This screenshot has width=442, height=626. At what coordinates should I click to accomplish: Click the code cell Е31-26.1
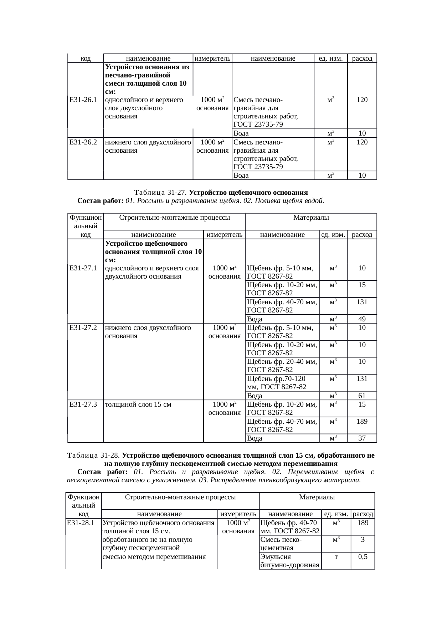point(84,100)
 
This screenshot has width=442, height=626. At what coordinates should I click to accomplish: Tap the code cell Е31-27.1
point(84,268)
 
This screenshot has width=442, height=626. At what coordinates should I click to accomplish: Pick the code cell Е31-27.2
point(84,327)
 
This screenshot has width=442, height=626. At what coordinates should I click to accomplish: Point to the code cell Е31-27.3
point(84,404)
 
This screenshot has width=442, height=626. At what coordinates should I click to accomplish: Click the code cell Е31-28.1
point(81,523)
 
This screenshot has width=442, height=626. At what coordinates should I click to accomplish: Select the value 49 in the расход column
point(362,319)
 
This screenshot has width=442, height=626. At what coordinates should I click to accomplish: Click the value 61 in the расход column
point(362,396)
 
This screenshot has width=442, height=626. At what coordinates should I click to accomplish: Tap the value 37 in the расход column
point(362,438)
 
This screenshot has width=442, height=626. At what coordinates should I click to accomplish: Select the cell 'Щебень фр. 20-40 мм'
point(282,366)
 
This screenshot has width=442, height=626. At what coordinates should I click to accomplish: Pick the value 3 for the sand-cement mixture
point(363,540)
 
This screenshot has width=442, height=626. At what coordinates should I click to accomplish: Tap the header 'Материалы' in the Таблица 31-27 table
point(311,217)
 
